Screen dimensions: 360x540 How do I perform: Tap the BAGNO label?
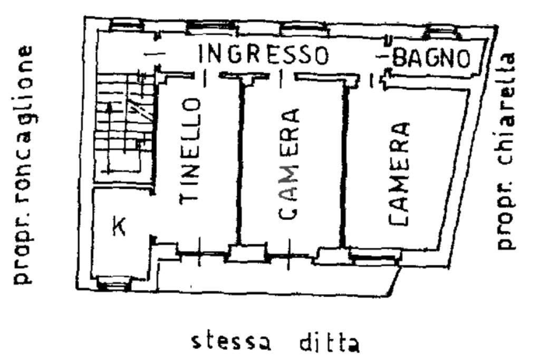[x=431, y=57]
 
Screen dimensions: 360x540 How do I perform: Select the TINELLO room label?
[x=189, y=152]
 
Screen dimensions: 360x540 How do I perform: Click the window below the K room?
[x=113, y=285]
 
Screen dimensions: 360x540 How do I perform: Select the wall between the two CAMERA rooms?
[x=343, y=166]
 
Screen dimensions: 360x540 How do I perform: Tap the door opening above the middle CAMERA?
[x=281, y=77]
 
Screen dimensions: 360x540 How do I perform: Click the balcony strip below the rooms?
[x=274, y=277]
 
